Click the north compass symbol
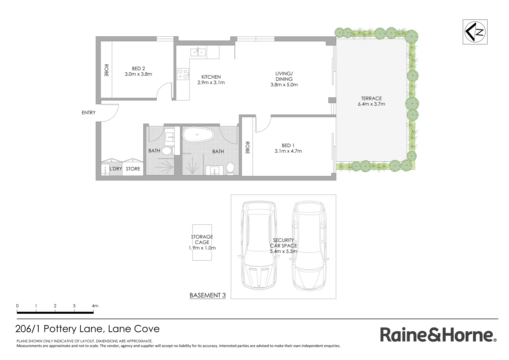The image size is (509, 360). tap(475, 32)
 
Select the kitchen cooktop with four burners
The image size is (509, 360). tap(183, 74)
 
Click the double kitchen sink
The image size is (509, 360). tap(198, 52)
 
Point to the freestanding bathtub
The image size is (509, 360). tap(198, 135)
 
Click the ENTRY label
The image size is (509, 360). tap(89, 113)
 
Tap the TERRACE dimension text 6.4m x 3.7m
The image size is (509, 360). tap(371, 104)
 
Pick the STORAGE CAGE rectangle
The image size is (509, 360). tap(202, 242)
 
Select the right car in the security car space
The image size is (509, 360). tap(308, 245)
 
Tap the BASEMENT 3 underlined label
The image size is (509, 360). tap(208, 295)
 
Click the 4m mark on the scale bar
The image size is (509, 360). tap(95, 306)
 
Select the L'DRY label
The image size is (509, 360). tap(116, 169)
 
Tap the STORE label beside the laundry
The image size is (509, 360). tap(133, 169)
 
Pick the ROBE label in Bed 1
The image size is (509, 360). tap(247, 148)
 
